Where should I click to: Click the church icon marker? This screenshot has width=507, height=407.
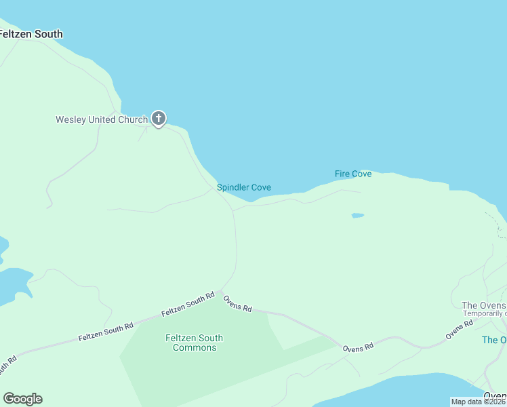pos(158,119)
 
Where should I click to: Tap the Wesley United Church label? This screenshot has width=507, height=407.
pos(102,120)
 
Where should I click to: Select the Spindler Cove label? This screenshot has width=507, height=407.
pos(244,187)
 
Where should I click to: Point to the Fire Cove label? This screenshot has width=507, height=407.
pos(353,174)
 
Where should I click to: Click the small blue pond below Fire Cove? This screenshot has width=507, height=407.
pos(357,216)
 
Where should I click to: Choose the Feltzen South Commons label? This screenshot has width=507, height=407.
pos(195,343)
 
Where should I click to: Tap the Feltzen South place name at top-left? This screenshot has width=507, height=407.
pos(31,34)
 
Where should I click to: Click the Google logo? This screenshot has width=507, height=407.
pos(22,399)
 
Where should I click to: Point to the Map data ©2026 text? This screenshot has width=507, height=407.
pos(479,402)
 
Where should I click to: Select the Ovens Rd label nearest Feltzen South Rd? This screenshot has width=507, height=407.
pos(238,303)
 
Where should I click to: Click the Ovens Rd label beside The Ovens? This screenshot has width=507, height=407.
pos(459,330)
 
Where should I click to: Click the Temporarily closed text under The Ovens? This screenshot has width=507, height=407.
pos(484,313)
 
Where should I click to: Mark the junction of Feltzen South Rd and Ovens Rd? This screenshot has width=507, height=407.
pos(220,292)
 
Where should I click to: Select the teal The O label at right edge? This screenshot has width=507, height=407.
pos(493,340)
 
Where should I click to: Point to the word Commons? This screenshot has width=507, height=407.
pos(195,347)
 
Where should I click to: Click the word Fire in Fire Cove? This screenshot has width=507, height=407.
pos(343,174)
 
